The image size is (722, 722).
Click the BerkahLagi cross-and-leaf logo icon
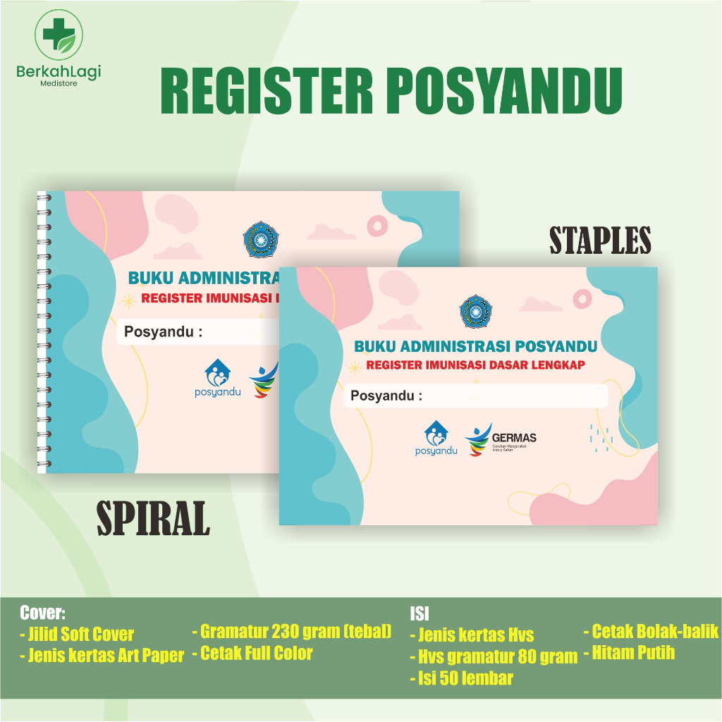tap(59, 34)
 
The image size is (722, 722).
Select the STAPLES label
tap(600, 241)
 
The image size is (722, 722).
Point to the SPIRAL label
tap(153, 519)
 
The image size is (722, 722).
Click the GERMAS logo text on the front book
tap(515, 438)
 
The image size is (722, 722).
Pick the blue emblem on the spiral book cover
tap(258, 240)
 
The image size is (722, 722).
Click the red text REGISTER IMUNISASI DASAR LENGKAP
tap(475, 365)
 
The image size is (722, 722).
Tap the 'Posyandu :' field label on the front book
tap(386, 396)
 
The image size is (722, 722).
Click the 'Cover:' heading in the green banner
tap(42, 612)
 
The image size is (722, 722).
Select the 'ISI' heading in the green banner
tap(420, 613)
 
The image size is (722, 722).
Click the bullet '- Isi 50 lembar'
tap(462, 678)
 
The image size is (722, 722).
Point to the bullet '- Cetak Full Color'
tap(252, 654)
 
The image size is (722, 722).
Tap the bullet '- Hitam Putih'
tap(629, 653)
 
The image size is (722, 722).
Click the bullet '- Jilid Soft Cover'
tap(77, 634)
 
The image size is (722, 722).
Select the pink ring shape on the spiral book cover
tap(379, 225)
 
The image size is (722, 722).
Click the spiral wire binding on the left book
tap(41, 331)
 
